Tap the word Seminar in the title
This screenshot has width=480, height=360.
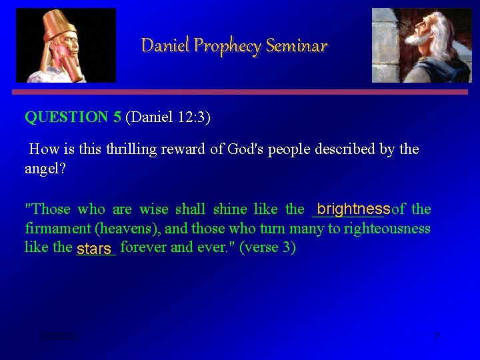[297, 46]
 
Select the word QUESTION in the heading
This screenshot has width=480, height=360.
[66, 118]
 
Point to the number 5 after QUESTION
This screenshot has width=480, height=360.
[117, 118]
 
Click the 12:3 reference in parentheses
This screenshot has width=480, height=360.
[193, 118]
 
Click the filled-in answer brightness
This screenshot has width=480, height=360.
[353, 209]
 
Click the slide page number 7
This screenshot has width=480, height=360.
[437, 335]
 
